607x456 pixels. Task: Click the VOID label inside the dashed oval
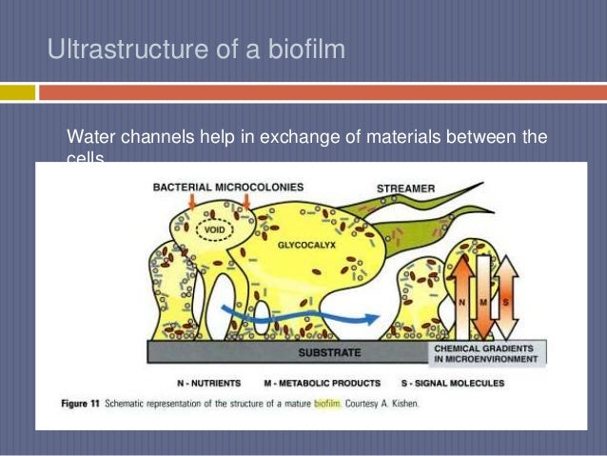pyautogui.click(x=210, y=228)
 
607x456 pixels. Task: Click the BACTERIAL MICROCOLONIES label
pyautogui.click(x=228, y=187)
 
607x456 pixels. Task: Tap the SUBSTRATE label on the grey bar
pyautogui.click(x=329, y=353)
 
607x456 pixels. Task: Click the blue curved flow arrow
pyautogui.click(x=285, y=311)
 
